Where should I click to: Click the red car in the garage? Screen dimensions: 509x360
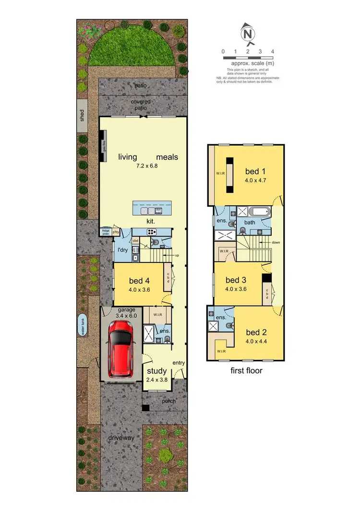pyautogui.click(x=120, y=348)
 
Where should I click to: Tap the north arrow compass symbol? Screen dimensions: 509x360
pyautogui.click(x=247, y=34)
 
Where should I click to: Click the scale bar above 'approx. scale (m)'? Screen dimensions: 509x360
pyautogui.click(x=248, y=58)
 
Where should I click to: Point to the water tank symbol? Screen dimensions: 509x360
pyautogui.click(x=82, y=327)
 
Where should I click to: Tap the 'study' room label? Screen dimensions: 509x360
pyautogui.click(x=156, y=371)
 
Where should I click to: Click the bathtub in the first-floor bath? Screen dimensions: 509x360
pyautogui.click(x=261, y=212)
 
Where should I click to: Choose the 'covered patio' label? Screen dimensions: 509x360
pyautogui.click(x=141, y=105)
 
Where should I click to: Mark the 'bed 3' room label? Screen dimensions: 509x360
pyautogui.click(x=236, y=280)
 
